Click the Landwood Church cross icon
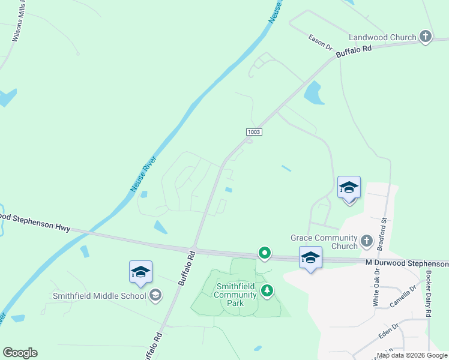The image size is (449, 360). point(425,37)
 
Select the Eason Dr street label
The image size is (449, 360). point(321,42)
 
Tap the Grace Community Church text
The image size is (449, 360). point(324,242)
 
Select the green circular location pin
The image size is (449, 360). point(264,253)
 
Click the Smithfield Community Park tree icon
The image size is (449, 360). point(267,292)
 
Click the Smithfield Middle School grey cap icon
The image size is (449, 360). point(155,295)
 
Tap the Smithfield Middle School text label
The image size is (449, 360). point(99,296)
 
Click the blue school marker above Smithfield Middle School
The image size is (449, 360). point(140,272)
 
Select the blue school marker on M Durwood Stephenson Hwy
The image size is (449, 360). point(310,258)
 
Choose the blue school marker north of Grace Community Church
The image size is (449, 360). point(349,188)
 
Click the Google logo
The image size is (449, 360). point(20,353)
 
